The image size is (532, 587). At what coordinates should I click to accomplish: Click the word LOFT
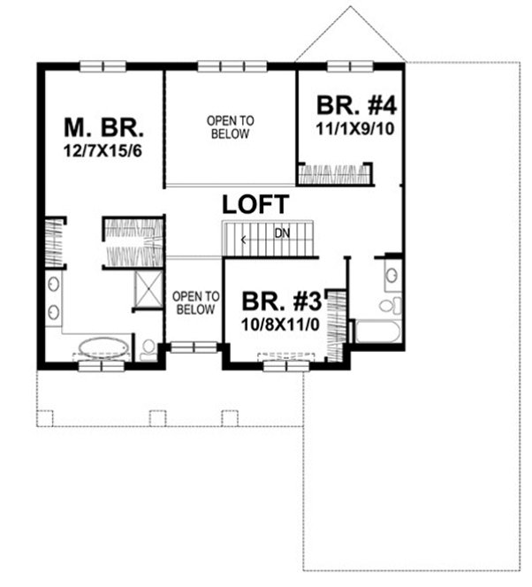255,204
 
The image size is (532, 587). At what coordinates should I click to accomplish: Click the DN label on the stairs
281,234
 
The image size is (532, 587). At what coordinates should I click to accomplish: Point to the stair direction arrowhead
244,238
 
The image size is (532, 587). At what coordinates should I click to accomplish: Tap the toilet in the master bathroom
148,348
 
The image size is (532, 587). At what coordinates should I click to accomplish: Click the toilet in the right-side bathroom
389,306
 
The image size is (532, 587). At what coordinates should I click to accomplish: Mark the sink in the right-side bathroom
391,277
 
